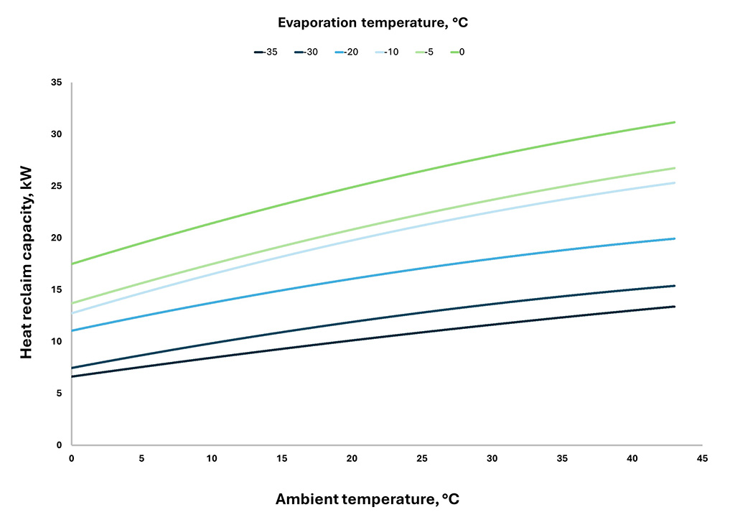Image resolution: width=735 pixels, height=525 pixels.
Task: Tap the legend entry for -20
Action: click(347, 52)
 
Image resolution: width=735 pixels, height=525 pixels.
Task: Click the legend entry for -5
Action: click(424, 52)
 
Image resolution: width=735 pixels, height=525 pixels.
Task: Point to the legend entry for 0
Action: click(457, 52)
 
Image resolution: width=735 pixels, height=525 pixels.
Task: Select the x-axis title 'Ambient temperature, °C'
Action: click(367, 499)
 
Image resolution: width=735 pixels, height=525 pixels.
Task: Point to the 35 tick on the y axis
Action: click(57, 83)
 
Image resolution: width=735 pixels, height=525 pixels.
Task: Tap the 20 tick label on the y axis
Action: click(57, 238)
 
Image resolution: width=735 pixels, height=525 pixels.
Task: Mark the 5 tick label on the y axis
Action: click(60, 394)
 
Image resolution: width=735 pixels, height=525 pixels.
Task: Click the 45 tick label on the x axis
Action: click(702, 458)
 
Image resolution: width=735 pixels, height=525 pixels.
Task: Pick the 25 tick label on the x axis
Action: click(422, 458)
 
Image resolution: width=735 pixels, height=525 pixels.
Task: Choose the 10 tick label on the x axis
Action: click(212, 458)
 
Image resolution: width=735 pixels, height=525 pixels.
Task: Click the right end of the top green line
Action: click(675, 122)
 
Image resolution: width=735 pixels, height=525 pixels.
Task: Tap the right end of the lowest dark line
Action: click(675, 307)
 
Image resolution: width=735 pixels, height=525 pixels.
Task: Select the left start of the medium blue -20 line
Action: click(72, 330)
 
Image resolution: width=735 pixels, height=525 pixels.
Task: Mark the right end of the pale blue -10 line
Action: click(675, 182)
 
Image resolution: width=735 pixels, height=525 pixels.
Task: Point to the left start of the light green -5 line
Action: click(72, 303)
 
